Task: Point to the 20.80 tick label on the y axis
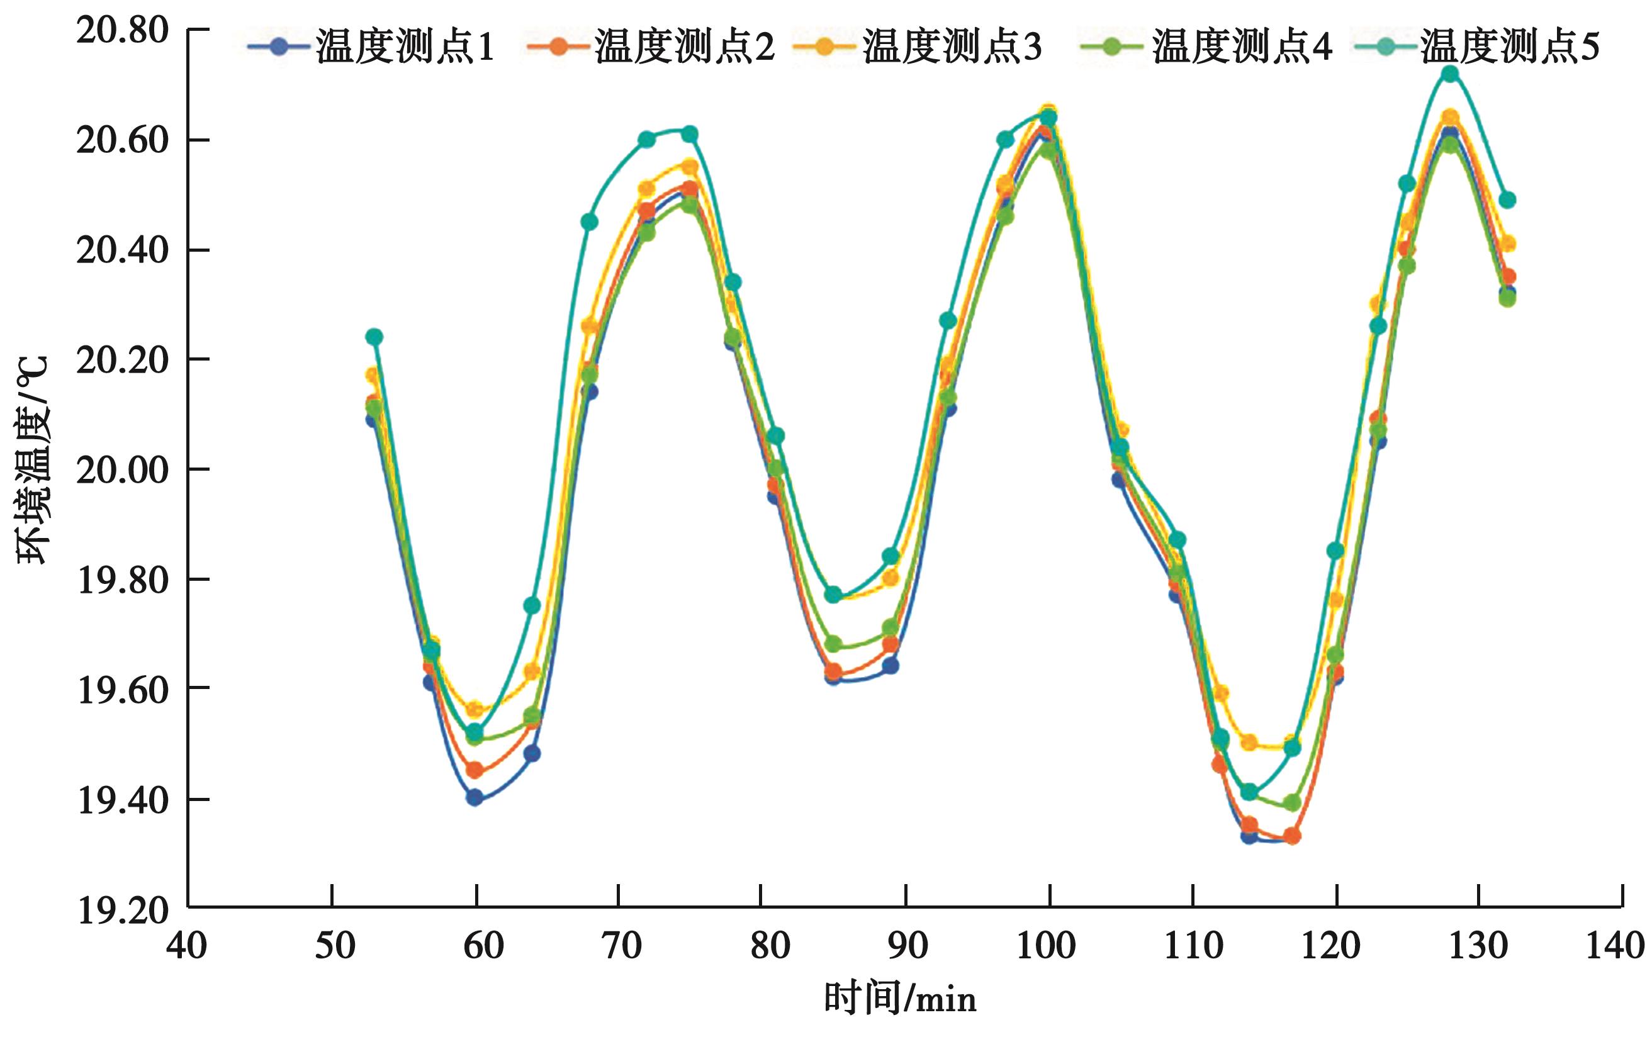122,31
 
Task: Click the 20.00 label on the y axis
122,471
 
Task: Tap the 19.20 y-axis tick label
122,911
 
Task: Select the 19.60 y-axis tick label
122,690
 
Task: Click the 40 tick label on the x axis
186,946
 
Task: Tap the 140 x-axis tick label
1622,946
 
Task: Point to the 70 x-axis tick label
619,946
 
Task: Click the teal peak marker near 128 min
1450,74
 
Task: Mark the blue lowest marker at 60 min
475,797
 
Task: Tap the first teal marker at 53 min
374,337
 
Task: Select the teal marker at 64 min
531,605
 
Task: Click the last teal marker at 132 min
1507,200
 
